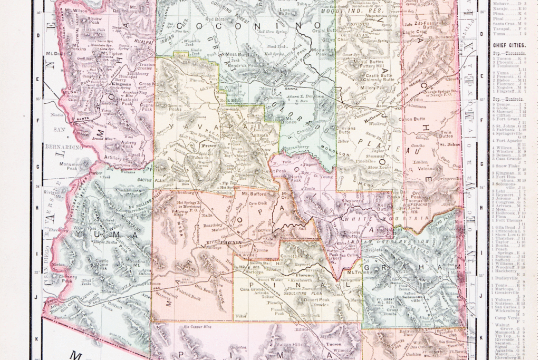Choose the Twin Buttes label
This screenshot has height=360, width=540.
tap(447, 135)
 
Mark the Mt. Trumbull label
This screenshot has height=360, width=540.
tap(357, 272)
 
